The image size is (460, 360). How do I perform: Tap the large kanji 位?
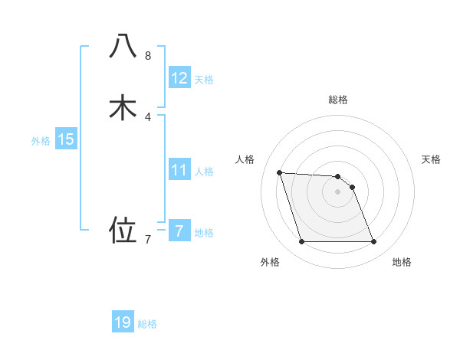click(x=123, y=229)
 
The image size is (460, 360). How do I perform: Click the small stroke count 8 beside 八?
click(x=148, y=56)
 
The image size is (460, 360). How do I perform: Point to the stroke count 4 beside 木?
click(x=148, y=116)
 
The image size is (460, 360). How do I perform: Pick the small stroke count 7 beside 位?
click(x=148, y=239)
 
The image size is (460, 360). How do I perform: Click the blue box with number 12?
click(x=179, y=78)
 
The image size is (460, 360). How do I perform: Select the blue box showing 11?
click(x=179, y=169)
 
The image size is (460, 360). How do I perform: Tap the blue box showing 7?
click(x=179, y=231)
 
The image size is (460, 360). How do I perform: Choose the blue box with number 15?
click(x=66, y=139)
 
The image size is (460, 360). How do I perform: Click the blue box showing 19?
click(x=123, y=322)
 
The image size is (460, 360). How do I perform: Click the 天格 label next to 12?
click(x=204, y=80)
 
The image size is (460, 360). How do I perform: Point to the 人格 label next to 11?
click(x=204, y=171)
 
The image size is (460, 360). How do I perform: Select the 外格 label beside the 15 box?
click(x=41, y=141)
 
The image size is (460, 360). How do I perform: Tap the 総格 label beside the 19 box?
click(x=147, y=324)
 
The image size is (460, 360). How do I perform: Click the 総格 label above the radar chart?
click(x=338, y=100)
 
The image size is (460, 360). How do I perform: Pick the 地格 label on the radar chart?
click(x=402, y=262)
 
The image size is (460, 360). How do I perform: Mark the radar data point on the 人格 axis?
click(x=279, y=172)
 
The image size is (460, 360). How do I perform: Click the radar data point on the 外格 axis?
click(x=301, y=242)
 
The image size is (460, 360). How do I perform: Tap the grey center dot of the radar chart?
click(x=338, y=191)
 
